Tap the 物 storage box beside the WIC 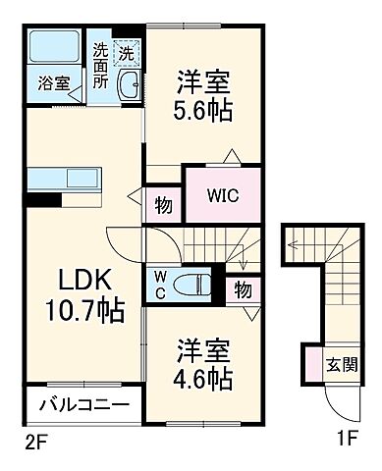pyautogui.click(x=163, y=205)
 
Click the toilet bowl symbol pyautogui.click(x=192, y=287)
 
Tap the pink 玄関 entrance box pyautogui.click(x=340, y=365)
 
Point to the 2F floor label pyautogui.click(x=34, y=443)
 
